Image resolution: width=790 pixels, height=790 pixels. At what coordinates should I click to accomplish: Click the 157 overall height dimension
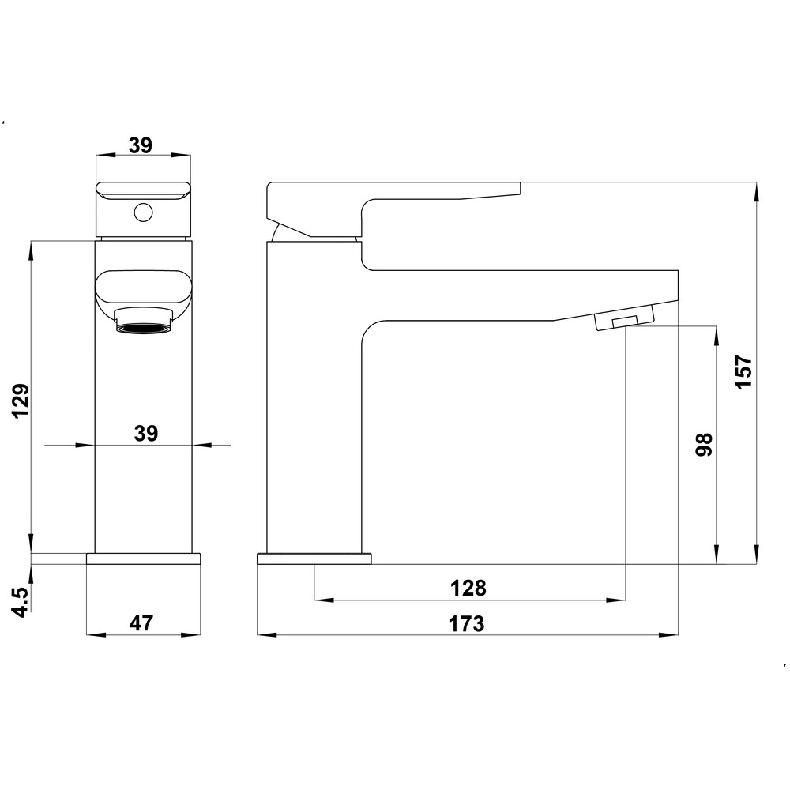point(744,372)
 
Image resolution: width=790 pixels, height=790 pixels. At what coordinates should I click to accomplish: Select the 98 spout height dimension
point(704,444)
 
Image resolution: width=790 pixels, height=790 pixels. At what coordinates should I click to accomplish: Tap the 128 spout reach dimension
point(468,588)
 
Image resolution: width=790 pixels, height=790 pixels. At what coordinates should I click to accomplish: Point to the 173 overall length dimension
point(467,624)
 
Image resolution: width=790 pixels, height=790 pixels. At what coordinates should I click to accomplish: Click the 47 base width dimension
point(141,623)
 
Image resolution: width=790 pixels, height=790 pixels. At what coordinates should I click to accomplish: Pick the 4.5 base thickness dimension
point(21,600)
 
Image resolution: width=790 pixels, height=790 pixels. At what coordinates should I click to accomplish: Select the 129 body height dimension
point(21,401)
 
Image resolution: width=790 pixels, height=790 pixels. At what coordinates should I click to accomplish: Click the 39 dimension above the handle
point(141,145)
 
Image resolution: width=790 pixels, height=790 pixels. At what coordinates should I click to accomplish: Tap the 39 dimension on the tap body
point(146,433)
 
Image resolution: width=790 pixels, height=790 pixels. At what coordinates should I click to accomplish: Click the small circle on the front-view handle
point(143,213)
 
